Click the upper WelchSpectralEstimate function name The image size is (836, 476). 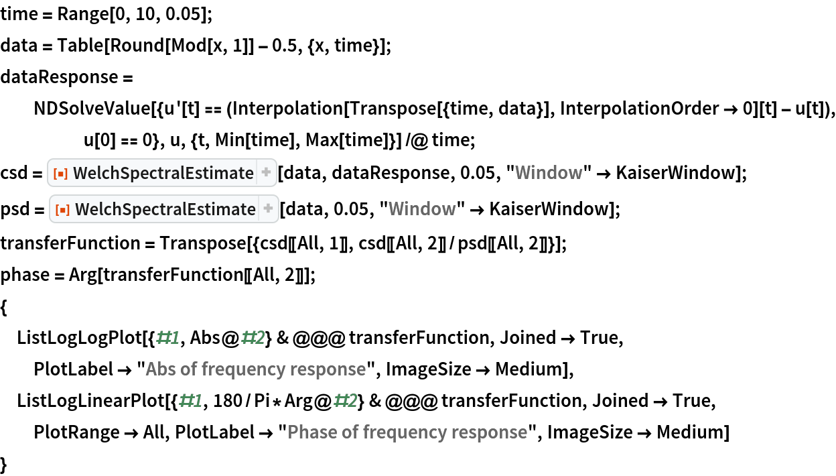pos(163,173)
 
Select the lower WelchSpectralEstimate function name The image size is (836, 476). pos(165,209)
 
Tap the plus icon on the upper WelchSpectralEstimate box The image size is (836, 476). pos(266,173)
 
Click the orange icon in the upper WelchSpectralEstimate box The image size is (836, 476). pos(60,173)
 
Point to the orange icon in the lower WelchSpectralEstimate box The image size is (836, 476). pos(62,209)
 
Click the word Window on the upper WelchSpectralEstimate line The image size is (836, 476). pos(549,173)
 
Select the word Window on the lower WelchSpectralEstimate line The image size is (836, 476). pos(422,209)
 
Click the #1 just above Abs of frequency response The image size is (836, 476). pos(167,338)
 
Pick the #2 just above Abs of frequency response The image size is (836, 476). pos(253,338)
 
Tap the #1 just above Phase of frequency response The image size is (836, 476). pos(190,401)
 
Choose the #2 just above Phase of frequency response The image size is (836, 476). pos(345,401)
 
